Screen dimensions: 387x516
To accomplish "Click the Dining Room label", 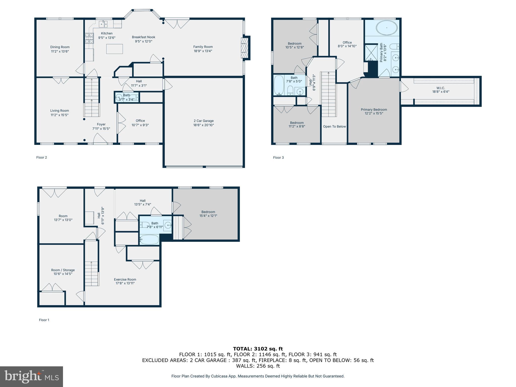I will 60,47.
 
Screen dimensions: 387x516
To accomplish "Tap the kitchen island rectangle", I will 114,49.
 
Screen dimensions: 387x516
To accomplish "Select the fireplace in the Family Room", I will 244,48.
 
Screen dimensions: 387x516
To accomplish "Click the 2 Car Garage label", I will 204,121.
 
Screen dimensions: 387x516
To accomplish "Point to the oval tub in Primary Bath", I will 386,28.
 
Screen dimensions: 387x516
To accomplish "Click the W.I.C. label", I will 441,88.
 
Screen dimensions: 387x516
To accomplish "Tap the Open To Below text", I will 334,126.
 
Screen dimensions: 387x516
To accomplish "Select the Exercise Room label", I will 125,279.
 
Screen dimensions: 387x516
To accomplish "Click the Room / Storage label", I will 63,270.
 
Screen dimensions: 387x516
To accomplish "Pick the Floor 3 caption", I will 278,157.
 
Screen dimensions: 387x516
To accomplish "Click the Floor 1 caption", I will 44,320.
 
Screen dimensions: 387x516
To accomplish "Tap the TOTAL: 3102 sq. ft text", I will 258,349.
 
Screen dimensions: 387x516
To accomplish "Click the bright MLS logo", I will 31,376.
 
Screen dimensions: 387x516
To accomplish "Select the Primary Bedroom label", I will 374,110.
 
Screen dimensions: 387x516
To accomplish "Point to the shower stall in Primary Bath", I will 370,53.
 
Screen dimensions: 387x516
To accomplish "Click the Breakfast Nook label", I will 143,37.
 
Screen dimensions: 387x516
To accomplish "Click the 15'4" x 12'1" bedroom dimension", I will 208,216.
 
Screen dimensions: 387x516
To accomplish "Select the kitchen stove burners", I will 89,39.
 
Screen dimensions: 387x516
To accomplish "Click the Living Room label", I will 59,111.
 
